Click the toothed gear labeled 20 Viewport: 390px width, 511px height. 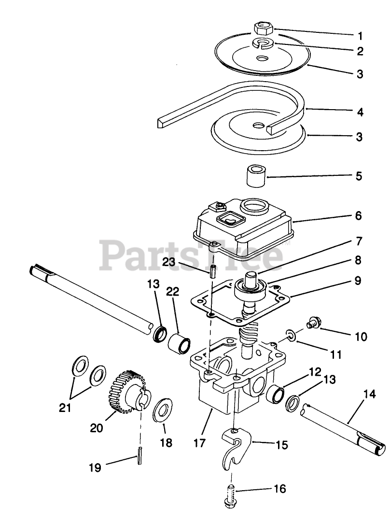click(126, 392)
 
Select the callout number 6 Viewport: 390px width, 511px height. click(358, 215)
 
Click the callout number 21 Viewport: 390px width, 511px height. click(65, 408)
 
